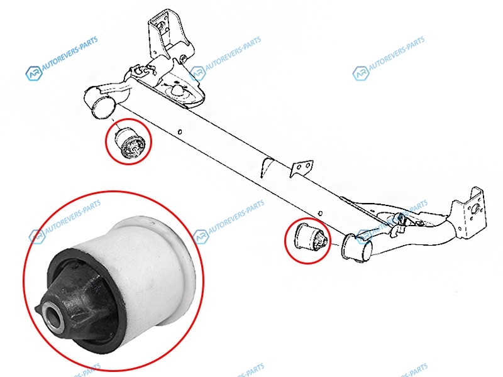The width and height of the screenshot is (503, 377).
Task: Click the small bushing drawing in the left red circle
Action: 130,143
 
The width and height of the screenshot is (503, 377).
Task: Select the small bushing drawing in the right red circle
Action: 310,239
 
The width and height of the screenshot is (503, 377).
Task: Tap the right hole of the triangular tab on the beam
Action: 307,165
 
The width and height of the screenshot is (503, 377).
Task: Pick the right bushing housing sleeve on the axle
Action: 357,248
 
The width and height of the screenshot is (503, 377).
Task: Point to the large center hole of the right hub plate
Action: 474,209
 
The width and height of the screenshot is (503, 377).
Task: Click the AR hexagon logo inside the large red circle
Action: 37,236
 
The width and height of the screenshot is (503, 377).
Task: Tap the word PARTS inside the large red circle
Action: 91,206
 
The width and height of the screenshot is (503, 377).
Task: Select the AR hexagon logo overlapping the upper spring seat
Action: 198,74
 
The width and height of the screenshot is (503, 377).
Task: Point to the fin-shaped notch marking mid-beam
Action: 266,167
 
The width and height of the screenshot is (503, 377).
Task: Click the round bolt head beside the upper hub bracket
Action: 184,60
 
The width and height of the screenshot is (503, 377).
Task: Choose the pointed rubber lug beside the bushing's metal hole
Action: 39,309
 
